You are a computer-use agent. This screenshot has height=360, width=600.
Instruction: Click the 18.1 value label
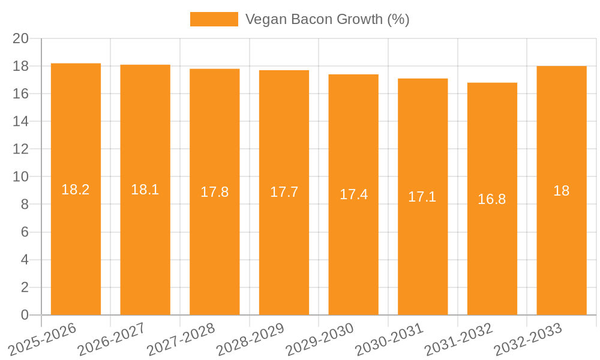(x=145, y=190)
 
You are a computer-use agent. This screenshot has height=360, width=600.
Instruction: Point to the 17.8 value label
(x=215, y=192)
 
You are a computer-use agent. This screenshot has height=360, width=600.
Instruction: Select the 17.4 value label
(x=353, y=194)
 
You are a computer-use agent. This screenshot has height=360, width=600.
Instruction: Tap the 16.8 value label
(x=492, y=199)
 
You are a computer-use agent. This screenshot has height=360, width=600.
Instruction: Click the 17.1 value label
(x=422, y=197)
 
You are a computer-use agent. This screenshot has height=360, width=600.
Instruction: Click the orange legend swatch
(x=214, y=19)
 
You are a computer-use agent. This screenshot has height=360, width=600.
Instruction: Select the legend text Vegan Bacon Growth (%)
(x=328, y=19)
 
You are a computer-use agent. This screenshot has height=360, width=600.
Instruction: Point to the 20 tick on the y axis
(x=21, y=38)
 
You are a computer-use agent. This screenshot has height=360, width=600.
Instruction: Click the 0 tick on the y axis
(x=25, y=315)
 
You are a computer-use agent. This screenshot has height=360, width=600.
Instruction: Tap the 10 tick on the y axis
(x=21, y=177)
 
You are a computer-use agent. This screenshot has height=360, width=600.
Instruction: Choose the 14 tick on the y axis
(x=21, y=121)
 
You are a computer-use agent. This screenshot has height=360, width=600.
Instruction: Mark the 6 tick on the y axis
(x=25, y=232)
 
